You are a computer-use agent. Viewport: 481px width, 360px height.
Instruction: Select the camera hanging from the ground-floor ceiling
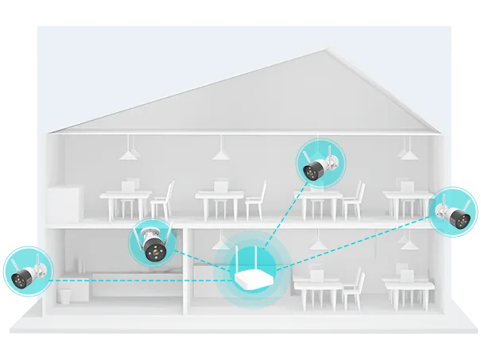(x=152, y=245)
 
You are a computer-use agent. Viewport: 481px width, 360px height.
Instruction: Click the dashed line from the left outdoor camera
(x=119, y=281)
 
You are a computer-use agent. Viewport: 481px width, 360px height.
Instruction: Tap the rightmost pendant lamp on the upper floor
(x=406, y=151)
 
